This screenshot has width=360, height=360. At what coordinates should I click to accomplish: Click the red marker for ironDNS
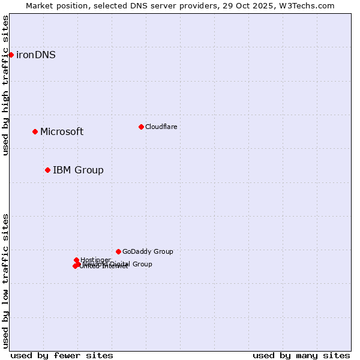11,55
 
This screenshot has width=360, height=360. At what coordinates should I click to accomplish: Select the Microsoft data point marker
35,131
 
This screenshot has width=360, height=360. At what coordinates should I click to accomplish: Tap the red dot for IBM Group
47,170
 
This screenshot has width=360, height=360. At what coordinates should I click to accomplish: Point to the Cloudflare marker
141,127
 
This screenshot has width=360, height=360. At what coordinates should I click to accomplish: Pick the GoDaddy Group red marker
118,251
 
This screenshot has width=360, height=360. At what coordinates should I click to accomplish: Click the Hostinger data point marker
76,260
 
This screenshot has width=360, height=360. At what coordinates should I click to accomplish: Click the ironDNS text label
36,55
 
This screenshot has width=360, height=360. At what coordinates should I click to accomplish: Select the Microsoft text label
62,132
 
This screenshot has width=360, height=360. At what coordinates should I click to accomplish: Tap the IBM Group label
78,170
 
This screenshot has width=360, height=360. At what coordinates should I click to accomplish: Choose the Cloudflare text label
161,127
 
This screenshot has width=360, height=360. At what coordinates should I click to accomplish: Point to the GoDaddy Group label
148,252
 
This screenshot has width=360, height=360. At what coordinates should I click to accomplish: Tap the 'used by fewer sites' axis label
62,355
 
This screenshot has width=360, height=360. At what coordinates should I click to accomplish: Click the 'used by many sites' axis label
301,355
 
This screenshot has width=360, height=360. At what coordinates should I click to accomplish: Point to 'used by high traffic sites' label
5,85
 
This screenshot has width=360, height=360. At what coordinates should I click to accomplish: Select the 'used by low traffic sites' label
5,281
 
